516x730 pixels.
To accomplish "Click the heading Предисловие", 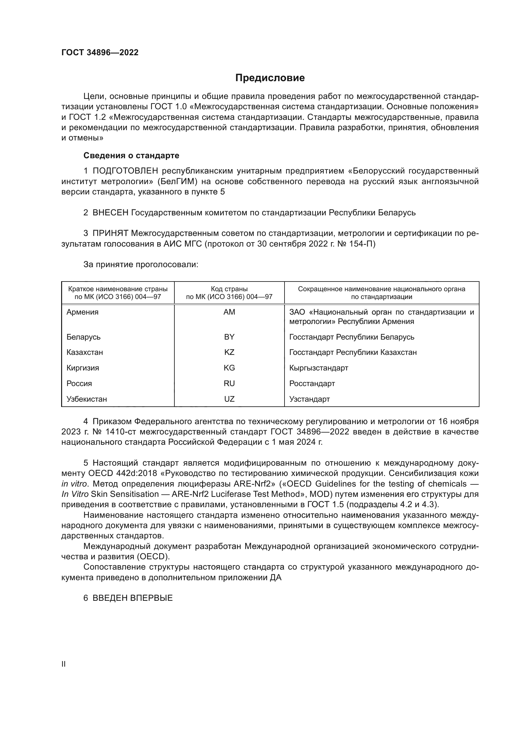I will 270,78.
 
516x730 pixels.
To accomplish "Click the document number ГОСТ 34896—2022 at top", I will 100,52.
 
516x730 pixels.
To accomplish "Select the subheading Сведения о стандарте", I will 131,155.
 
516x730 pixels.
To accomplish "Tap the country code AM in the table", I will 229,312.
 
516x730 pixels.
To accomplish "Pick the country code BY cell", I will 229,337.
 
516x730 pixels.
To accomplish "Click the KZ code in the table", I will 229,352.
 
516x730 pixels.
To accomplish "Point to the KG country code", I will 229,368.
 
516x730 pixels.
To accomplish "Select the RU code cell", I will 229,384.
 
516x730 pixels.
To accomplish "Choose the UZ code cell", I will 229,399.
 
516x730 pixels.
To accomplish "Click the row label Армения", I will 82,312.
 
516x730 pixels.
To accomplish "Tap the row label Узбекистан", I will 86,399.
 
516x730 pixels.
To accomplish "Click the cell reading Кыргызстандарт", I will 319,368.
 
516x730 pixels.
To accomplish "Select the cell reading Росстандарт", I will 312,384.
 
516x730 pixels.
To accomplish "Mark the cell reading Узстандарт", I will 309,399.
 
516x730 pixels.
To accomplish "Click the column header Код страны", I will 229,289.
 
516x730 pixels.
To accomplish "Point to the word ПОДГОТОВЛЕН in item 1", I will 125,171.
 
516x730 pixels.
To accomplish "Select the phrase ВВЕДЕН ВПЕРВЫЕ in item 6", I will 133,598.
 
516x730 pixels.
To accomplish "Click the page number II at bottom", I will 64,664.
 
